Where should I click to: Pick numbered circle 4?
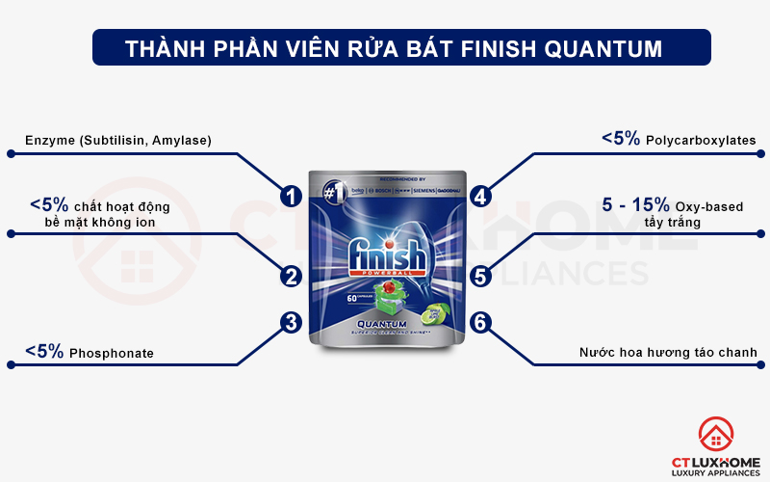(x=481, y=196)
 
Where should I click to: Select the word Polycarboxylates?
(x=702, y=141)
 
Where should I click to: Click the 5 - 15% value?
(x=635, y=204)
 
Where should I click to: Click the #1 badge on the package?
(x=335, y=192)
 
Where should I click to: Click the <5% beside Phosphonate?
(x=44, y=352)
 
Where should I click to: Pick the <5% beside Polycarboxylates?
(x=621, y=139)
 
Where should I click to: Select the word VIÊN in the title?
(x=341, y=46)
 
